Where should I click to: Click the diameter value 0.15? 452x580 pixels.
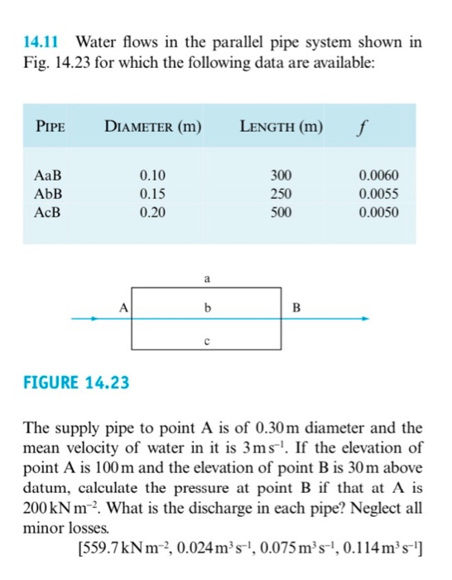(152, 194)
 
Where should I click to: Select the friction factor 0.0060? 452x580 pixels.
(378, 176)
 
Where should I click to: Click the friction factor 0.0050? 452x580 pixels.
(378, 211)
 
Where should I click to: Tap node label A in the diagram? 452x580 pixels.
(123, 308)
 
